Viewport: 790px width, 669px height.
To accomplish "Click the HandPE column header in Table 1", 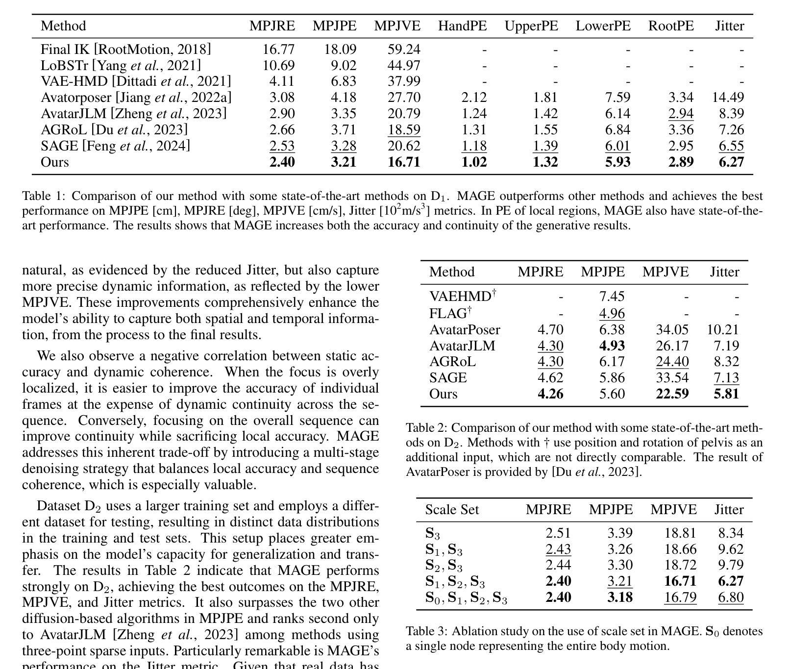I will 462,26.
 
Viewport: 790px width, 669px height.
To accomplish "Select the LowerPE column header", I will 603,26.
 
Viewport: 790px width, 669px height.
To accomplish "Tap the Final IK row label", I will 125,50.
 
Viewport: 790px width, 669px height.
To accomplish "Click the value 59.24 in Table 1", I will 404,50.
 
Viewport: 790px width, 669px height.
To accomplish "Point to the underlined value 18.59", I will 404,130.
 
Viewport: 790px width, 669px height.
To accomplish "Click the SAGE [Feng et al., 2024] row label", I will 115,146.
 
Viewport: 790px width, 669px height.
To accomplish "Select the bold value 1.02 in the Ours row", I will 474,162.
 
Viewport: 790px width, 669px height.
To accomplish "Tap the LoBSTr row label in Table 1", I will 121,66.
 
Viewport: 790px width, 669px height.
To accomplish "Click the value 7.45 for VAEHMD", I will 612,297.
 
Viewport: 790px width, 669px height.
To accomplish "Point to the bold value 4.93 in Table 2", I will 612,346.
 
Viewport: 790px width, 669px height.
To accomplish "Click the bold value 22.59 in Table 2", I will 672,394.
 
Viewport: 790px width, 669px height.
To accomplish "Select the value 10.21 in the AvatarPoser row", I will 722,330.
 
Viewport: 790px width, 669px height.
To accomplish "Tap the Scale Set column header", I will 452,510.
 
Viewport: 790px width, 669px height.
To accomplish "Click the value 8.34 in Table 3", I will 730,533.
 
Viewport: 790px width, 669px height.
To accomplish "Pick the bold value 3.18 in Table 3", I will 619,598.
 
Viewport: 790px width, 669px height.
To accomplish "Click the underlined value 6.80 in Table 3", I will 730,598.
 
